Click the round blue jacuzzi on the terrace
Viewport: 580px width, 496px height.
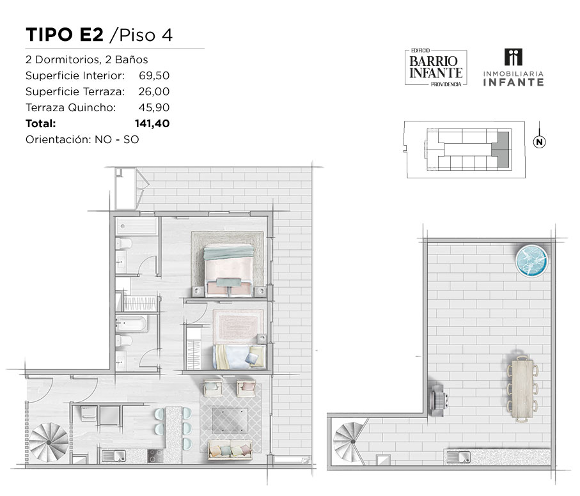[531, 260]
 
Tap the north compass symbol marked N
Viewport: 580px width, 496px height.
[539, 142]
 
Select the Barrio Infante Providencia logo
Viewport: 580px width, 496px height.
[435, 68]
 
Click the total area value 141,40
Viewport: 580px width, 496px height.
[152, 123]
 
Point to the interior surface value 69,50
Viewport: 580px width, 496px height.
[154, 75]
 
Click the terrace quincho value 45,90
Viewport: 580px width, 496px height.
[154, 107]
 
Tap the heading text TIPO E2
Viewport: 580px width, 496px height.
[65, 35]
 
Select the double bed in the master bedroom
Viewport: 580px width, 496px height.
[228, 270]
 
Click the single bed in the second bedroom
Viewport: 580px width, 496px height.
[240, 357]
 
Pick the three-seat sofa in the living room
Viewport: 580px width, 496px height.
[230, 450]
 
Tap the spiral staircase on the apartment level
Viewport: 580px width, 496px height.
[49, 442]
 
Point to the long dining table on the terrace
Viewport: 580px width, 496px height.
[522, 389]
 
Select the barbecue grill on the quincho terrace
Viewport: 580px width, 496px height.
[439, 400]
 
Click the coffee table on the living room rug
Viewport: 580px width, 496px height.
[230, 421]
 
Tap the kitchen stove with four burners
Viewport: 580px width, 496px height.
[155, 456]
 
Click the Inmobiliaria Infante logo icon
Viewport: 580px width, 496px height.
[513, 58]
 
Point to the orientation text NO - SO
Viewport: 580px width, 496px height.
[117, 140]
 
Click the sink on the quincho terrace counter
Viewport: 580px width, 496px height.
[459, 458]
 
